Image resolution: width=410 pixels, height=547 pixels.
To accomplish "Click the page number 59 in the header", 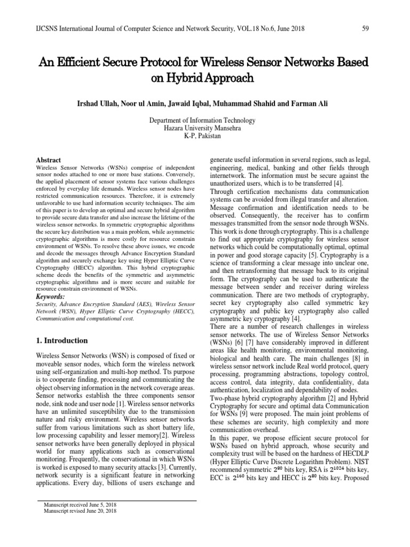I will tap(367, 27).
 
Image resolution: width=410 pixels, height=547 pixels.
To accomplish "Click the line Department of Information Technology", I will tap(204, 121).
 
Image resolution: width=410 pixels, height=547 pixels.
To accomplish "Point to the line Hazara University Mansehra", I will tap(204, 129).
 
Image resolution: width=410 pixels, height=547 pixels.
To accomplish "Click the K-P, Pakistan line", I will tap(204, 137).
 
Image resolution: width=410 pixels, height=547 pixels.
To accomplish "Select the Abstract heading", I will tap(48, 160).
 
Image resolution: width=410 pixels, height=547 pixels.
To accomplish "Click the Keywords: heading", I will tap(50, 296).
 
